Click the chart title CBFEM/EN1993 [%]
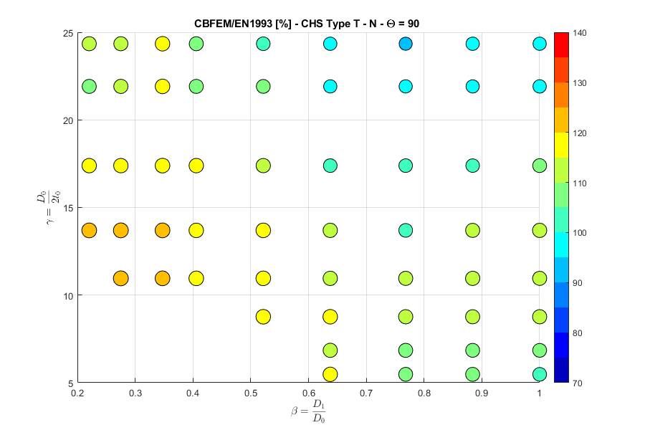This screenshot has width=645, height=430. pyautogui.click(x=307, y=23)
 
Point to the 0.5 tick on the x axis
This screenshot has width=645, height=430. pyautogui.click(x=251, y=392)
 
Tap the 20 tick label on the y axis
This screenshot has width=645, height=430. pyautogui.click(x=67, y=120)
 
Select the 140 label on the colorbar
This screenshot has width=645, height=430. pyautogui.click(x=580, y=33)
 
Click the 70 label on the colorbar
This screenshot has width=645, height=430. pyautogui.click(x=578, y=383)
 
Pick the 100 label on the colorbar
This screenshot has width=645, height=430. pyautogui.click(x=580, y=233)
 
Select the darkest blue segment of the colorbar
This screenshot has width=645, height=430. pyautogui.click(x=562, y=371)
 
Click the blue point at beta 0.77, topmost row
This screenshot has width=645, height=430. pyautogui.click(x=406, y=44)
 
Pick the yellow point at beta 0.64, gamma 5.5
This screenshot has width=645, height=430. pyautogui.click(x=330, y=374)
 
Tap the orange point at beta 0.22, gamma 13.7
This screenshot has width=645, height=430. pyautogui.click(x=89, y=231)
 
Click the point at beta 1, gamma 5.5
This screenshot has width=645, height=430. pyautogui.click(x=540, y=374)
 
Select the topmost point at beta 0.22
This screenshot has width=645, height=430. pyautogui.click(x=89, y=44)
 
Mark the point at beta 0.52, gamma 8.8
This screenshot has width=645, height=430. pyautogui.click(x=263, y=316)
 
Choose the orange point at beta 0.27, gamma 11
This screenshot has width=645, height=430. pyautogui.click(x=120, y=278)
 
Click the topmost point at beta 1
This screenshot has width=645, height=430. pyautogui.click(x=540, y=44)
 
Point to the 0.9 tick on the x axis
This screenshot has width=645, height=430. pyautogui.click(x=482, y=392)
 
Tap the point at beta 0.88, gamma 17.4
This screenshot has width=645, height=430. pyautogui.click(x=472, y=166)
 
